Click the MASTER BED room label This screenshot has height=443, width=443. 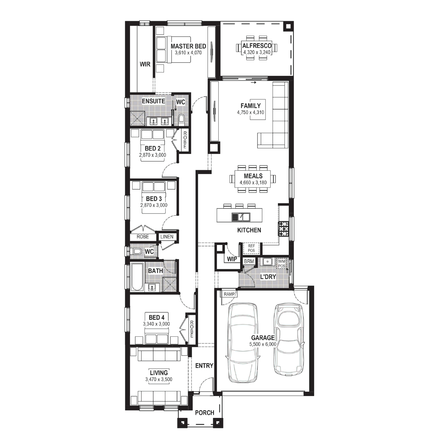pos(188,46)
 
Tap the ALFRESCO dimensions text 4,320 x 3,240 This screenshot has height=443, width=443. pos(257,52)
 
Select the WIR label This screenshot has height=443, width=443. pos(145,64)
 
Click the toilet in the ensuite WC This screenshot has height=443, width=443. pos(181,119)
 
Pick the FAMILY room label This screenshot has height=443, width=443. pos(250,106)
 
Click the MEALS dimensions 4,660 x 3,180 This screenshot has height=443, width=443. pos(253,183)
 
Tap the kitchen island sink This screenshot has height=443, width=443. pos(241,217)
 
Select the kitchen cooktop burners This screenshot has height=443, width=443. pos(283,229)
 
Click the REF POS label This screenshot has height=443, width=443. pos(251,248)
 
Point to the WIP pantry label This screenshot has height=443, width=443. pos(232,259)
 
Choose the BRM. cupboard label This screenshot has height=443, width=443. pos(250,261)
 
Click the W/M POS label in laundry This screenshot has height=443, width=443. pos(282,264)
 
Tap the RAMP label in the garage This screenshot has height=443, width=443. pos(229,294)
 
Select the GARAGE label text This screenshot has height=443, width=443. pos(263,338)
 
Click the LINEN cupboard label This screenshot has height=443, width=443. pos(167,237)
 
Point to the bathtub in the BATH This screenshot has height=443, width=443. pos(137,277)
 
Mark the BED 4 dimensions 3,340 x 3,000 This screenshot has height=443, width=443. pos(157,324)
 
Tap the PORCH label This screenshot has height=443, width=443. pos(205,413)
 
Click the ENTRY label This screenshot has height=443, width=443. pos(204,366)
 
